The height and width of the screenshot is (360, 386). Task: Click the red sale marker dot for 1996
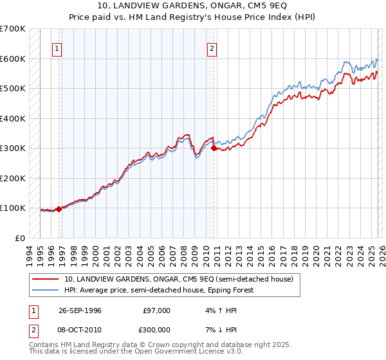pyautogui.click(x=59, y=209)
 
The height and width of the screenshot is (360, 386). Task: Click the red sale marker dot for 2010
pyautogui.click(x=214, y=148)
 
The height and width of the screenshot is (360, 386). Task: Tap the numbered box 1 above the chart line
pyautogui.click(x=57, y=48)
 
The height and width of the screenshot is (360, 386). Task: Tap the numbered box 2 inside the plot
pyautogui.click(x=212, y=48)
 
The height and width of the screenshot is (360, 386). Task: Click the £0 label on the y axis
pyautogui.click(x=20, y=238)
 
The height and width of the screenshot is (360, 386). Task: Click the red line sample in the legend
pyautogui.click(x=46, y=279)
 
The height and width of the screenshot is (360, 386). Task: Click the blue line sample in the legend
pyautogui.click(x=46, y=290)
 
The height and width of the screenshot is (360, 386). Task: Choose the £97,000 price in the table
pyautogui.click(x=156, y=310)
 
